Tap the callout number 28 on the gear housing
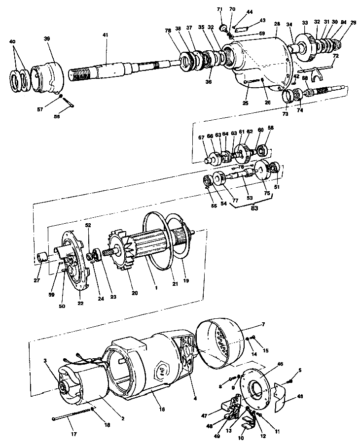tap(277, 24)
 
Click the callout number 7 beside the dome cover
tap(263, 324)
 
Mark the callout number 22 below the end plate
tap(80, 304)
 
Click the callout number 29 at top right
tap(353, 23)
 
